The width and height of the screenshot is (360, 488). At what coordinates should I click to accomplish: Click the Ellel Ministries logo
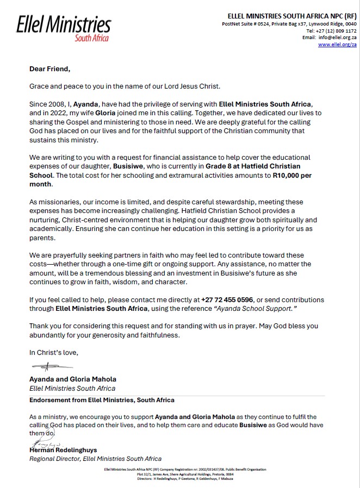point(64,27)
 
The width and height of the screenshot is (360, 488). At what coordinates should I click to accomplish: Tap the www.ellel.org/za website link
point(337,45)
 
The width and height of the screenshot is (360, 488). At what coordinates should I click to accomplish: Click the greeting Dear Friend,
point(50,69)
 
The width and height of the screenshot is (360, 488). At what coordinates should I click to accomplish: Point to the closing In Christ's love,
point(53,352)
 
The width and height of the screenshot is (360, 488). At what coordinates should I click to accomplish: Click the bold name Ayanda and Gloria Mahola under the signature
point(72,379)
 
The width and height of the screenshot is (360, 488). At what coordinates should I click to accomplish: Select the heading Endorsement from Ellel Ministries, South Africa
point(102,400)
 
